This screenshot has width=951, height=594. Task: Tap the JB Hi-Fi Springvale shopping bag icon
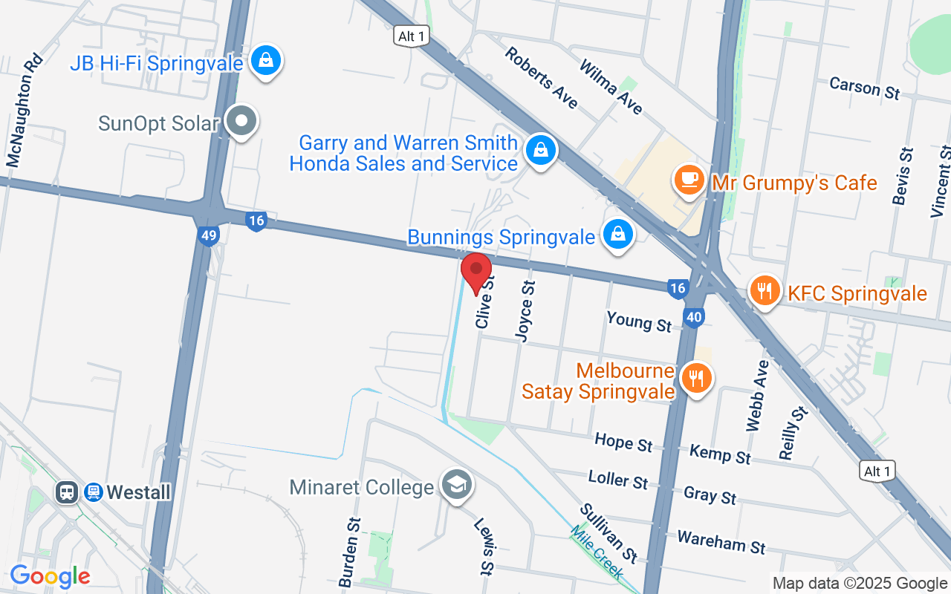click(x=265, y=61)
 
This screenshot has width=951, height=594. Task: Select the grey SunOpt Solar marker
click(x=241, y=121)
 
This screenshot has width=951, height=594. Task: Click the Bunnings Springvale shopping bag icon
click(x=617, y=234)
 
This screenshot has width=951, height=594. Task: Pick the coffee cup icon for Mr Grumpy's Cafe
click(x=689, y=180)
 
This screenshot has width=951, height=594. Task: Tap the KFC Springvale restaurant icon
click(x=764, y=290)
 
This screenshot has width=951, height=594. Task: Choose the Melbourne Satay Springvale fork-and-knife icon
click(x=696, y=378)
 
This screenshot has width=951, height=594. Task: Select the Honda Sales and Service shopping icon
click(x=542, y=150)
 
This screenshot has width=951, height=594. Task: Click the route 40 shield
click(x=694, y=318)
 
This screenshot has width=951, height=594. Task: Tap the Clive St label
click(x=484, y=301)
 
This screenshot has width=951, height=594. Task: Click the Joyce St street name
click(x=525, y=311)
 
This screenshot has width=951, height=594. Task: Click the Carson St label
click(x=865, y=88)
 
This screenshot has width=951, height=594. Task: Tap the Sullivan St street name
click(x=608, y=532)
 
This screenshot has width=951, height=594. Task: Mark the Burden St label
click(x=349, y=552)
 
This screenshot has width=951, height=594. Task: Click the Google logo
click(x=50, y=576)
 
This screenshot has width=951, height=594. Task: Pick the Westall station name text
click(x=138, y=492)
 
